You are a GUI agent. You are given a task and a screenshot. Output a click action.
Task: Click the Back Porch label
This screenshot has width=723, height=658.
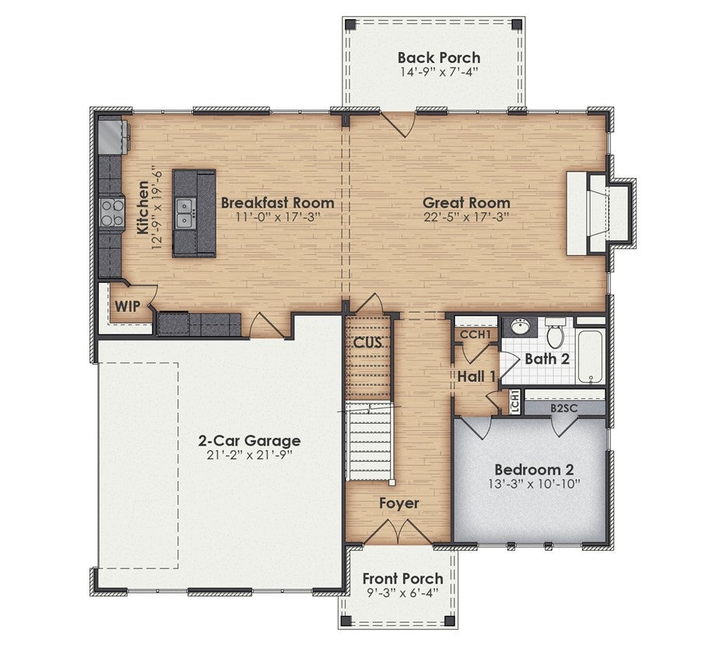click(x=439, y=58)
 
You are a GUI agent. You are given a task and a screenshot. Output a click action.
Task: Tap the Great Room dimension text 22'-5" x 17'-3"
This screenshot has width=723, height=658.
click(x=467, y=216)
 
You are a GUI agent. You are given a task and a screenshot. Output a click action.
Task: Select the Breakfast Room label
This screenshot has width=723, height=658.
click(x=278, y=202)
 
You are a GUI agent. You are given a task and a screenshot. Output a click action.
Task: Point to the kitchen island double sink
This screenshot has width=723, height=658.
click(x=185, y=213)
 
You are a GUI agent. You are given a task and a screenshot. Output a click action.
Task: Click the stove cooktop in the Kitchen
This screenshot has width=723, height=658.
click(x=112, y=213)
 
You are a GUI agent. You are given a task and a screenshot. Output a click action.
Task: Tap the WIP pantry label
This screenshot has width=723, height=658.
click(x=128, y=306)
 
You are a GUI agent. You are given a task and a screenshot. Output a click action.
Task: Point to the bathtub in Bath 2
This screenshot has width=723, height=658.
click(x=591, y=357)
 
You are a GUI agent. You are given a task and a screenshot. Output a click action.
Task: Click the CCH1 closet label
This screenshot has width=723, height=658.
click(x=476, y=334)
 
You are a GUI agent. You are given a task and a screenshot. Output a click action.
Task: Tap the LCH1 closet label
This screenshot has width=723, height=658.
click(x=515, y=401)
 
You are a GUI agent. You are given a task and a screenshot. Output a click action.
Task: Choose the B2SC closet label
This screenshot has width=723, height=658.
click(x=564, y=408)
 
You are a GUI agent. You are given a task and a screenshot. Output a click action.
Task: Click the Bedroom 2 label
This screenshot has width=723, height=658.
click(x=534, y=470)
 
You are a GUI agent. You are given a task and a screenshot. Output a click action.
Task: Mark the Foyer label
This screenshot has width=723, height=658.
click(x=399, y=503)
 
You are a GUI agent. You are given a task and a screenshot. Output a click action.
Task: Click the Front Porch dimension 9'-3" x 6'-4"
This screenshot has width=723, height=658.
click(x=402, y=593)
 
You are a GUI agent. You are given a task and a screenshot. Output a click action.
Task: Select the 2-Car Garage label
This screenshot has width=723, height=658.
click(x=250, y=440)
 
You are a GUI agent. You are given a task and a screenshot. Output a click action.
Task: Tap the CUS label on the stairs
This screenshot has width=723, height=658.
click(x=368, y=342)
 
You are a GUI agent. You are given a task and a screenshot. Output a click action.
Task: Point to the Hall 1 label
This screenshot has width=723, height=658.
click(x=476, y=376)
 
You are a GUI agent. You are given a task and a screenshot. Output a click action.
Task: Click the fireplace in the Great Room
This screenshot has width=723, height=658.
click(x=598, y=213)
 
